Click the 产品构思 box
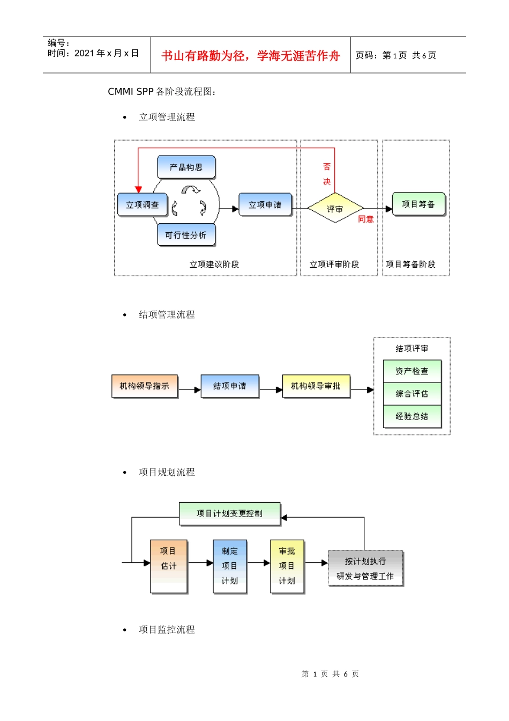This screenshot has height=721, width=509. click(x=186, y=167)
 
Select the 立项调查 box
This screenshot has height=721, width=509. click(x=143, y=204)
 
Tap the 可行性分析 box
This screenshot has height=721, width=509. click(x=186, y=235)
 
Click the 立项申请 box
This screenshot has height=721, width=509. click(x=265, y=204)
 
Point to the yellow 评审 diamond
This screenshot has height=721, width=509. click(x=335, y=209)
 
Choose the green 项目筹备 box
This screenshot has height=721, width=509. click(x=418, y=204)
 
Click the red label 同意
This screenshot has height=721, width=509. click(x=366, y=219)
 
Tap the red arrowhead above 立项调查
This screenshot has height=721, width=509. click(x=138, y=189)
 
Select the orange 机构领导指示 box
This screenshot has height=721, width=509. click(x=144, y=386)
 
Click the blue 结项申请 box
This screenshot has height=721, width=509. click(x=230, y=386)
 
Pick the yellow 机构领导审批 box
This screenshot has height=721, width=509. click(x=316, y=386)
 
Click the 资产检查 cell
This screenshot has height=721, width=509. click(x=412, y=371)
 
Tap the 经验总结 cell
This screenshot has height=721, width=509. click(x=412, y=416)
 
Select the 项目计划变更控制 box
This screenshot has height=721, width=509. click(x=229, y=513)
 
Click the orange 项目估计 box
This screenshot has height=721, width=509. click(x=169, y=566)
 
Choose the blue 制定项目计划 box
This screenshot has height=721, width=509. click(x=230, y=566)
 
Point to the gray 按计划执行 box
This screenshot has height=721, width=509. click(x=365, y=568)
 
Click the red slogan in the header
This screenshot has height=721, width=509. click(x=251, y=56)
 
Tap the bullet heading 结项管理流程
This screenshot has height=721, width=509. click(x=167, y=314)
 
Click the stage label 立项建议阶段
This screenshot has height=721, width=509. click(x=214, y=264)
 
